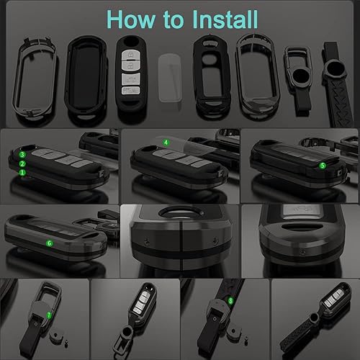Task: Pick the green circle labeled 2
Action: (x=23, y=163)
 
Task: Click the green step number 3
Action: (x=23, y=154)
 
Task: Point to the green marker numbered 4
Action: (x=166, y=143)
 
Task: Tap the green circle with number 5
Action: (x=322, y=165)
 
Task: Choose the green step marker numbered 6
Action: (x=49, y=243)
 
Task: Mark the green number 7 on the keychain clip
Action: (x=49, y=315)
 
